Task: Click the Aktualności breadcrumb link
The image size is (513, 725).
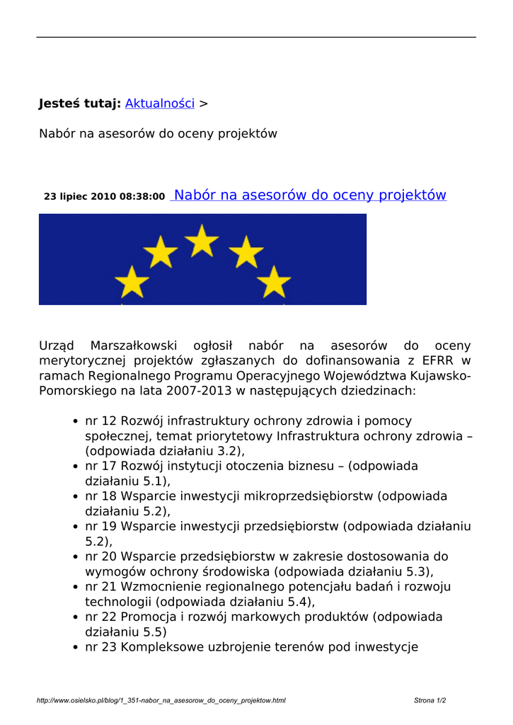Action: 159,103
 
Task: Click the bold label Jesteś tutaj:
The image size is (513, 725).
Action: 79,103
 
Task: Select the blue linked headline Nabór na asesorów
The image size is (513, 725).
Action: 310,195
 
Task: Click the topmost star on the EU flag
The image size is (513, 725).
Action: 202,240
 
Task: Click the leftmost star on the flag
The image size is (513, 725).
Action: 132,282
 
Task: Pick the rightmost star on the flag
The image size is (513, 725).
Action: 274,282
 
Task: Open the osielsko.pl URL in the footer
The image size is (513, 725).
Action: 161,701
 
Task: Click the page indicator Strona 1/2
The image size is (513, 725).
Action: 430,701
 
